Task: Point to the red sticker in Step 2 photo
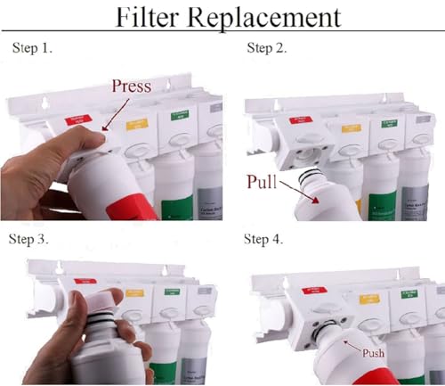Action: tap(304, 113)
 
